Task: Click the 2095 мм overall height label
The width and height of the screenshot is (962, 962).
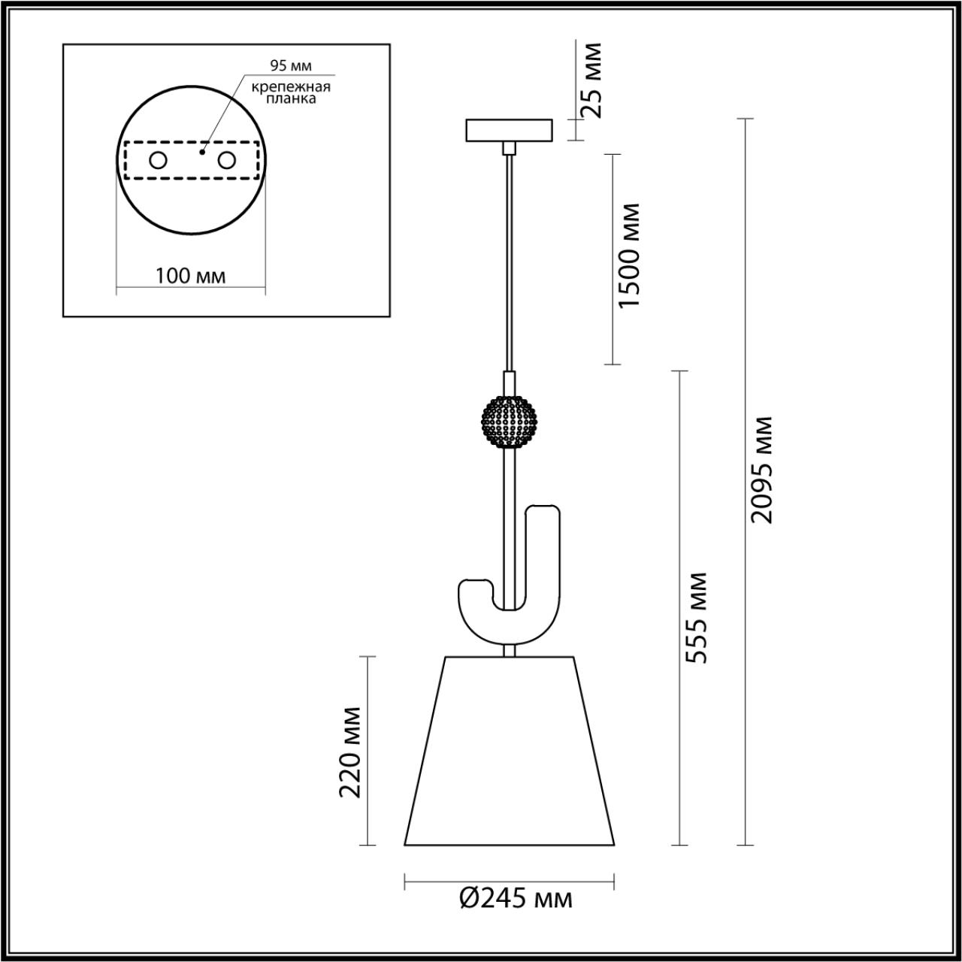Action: click(x=761, y=469)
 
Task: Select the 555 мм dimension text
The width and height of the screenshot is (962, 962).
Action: click(x=697, y=618)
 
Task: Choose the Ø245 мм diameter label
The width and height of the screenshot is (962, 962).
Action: click(x=516, y=898)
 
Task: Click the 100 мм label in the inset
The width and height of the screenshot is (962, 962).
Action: click(x=190, y=276)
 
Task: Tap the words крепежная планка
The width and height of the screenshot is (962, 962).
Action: click(x=291, y=92)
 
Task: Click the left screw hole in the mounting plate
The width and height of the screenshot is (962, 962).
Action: click(x=158, y=160)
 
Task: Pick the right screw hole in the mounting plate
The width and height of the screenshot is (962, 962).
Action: click(x=226, y=160)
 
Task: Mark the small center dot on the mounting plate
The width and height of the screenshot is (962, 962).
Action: click(x=201, y=151)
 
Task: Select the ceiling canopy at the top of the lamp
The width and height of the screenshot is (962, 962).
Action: click(x=509, y=131)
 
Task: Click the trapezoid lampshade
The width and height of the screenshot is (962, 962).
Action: click(x=510, y=752)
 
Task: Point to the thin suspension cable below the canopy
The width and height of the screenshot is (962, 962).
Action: click(x=510, y=263)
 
